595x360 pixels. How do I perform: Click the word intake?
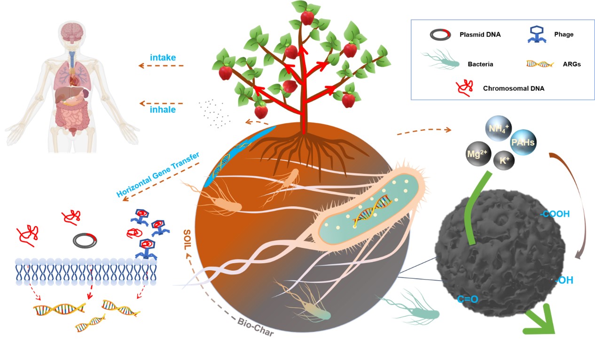pyautogui.click(x=163, y=58)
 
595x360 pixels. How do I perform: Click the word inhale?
pyautogui.click(x=163, y=110)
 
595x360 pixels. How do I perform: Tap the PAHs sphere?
pyautogui.click(x=523, y=142)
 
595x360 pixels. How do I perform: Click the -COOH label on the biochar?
pyautogui.click(x=555, y=214)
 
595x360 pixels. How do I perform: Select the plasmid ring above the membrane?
pyautogui.click(x=85, y=241)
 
